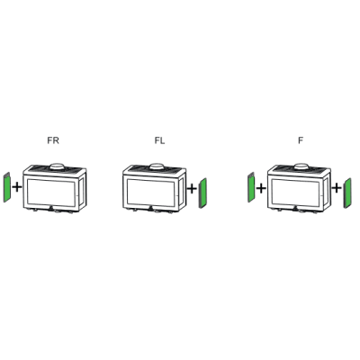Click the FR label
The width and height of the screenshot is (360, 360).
(x=53, y=140)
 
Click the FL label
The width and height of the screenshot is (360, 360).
(x=159, y=140)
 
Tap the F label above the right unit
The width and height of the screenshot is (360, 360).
(x=301, y=140)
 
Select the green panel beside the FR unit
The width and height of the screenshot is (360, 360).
(x=7, y=187)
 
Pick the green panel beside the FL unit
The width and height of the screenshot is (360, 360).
(x=202, y=193)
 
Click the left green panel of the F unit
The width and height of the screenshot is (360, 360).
(x=251, y=187)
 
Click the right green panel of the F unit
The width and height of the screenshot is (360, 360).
(x=347, y=193)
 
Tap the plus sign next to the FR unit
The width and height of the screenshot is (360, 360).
(x=17, y=187)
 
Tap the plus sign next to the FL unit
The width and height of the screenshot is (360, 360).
(x=192, y=189)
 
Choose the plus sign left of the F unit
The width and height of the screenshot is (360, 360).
(x=261, y=188)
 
